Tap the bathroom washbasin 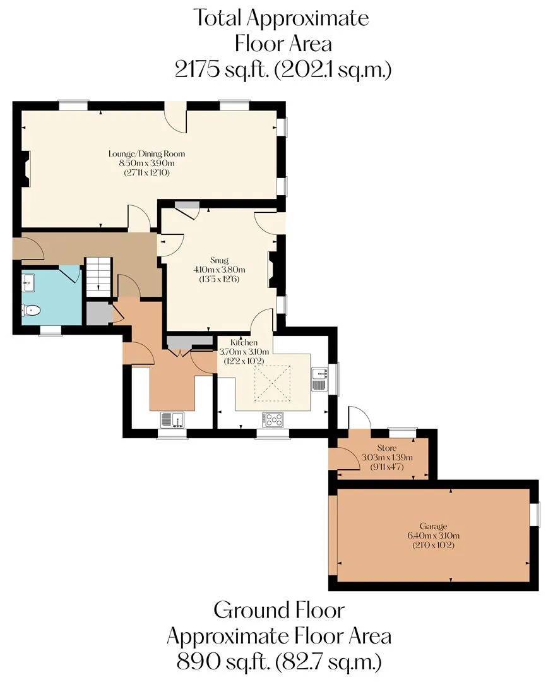(x=28, y=283)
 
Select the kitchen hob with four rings (x=273, y=419)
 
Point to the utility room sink (x=172, y=420)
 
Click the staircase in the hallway (x=98, y=277)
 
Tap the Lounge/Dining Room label (x=146, y=153)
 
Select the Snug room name (x=219, y=260)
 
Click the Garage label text (x=433, y=526)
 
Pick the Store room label (x=386, y=448)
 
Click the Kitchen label (x=244, y=342)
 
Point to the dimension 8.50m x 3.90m (x=146, y=163)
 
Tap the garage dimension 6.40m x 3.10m (x=433, y=536)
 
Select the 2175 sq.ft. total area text (x=222, y=69)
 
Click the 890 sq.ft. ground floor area (x=222, y=662)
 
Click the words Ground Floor (x=278, y=610)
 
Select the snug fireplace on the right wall (x=273, y=270)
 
